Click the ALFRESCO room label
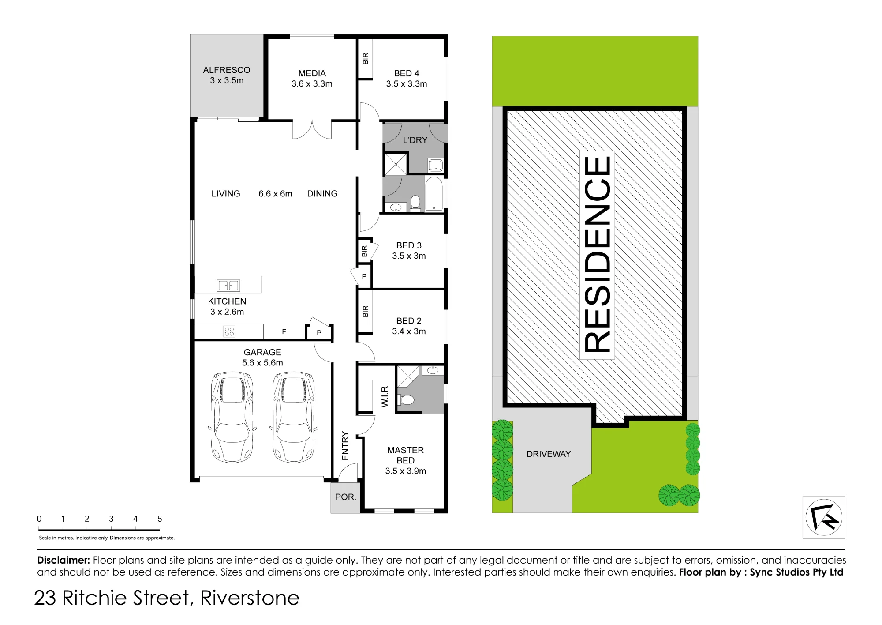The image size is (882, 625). click(x=227, y=70)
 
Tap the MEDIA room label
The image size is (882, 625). click(x=312, y=73)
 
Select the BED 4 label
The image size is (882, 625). click(x=407, y=73)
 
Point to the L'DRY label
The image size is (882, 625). click(x=415, y=140)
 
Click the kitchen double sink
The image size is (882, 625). click(x=228, y=286)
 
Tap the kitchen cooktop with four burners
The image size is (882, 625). click(x=229, y=331)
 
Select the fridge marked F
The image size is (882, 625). click(x=284, y=331)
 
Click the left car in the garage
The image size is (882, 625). click(x=232, y=417)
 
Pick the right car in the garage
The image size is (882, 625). click(x=294, y=417)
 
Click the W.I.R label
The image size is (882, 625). click(x=385, y=396)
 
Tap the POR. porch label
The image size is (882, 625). click(x=345, y=497)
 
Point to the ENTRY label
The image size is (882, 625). click(x=345, y=446)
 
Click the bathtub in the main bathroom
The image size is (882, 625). click(x=434, y=194)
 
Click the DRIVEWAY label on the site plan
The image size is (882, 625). click(x=549, y=454)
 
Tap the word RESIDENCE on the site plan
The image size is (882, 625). click(x=597, y=255)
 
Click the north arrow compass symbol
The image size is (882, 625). click(x=824, y=517)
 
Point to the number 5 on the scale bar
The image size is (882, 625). click(x=160, y=519)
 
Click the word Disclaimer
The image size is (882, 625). click(x=64, y=560)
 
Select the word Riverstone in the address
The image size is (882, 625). click(x=250, y=598)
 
